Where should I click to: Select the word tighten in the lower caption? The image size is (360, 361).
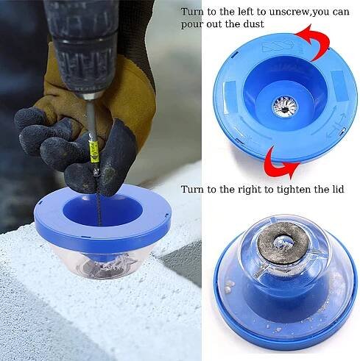[295, 190]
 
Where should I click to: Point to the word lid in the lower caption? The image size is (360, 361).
[337, 189]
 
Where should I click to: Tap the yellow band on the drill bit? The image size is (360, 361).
[94, 152]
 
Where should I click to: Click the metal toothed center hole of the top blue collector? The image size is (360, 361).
[285, 107]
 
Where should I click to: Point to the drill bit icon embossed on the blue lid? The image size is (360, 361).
[279, 46]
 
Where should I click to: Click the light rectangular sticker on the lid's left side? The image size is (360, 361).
[230, 96]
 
